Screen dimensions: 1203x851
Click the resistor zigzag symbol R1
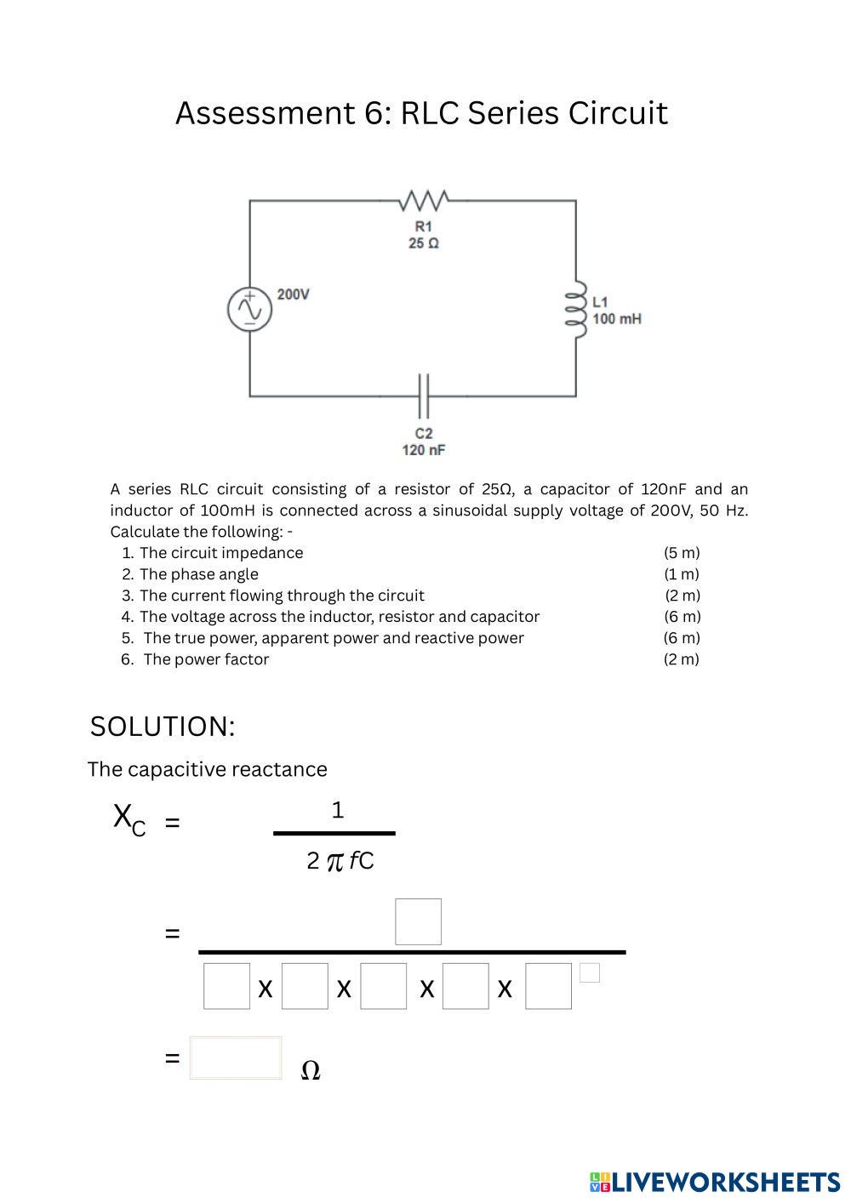(x=423, y=201)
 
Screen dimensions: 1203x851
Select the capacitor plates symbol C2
(x=423, y=396)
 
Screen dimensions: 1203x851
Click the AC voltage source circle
(x=250, y=310)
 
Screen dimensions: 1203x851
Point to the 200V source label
(x=293, y=294)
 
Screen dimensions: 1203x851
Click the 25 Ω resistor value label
(x=424, y=243)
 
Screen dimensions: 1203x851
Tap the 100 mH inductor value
(x=617, y=319)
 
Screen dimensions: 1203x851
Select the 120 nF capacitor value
(x=424, y=449)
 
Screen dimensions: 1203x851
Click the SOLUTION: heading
(x=163, y=727)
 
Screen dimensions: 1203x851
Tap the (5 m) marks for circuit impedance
(x=682, y=553)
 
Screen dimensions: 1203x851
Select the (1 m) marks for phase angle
(x=682, y=574)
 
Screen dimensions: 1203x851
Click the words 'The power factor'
(x=206, y=659)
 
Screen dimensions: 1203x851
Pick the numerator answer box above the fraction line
(x=418, y=921)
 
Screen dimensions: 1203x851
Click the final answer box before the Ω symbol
(x=236, y=1058)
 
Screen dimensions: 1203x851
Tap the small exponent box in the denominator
(x=590, y=972)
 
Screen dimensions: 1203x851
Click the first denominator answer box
(x=227, y=986)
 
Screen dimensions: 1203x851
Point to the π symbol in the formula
(x=335, y=862)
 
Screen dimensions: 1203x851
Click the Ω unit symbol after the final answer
(x=311, y=1070)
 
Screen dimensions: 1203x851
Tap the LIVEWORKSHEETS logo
(x=714, y=1182)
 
